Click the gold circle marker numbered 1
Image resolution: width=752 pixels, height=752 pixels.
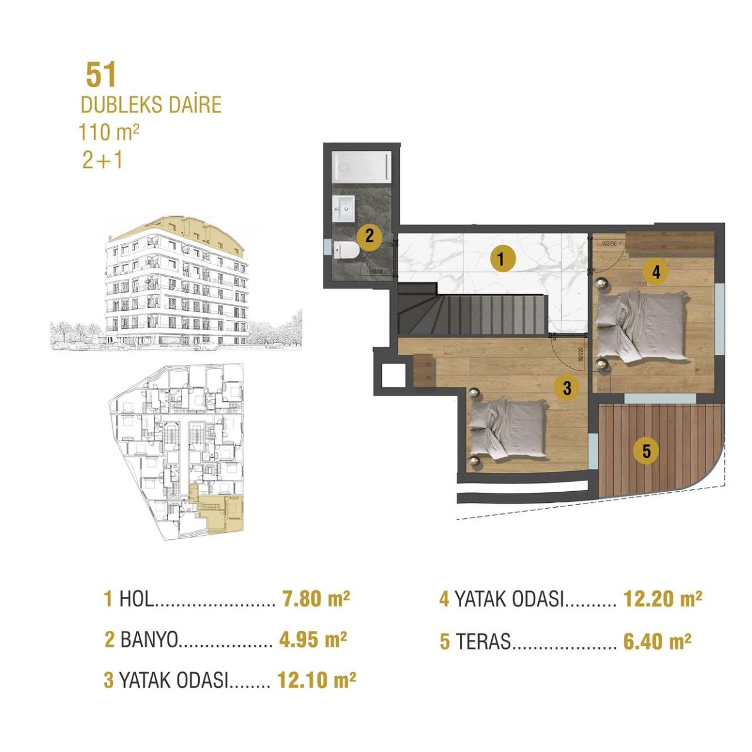tap(500, 258)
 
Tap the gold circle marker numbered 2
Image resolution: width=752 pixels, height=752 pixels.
tap(370, 236)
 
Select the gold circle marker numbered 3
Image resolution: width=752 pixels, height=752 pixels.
tap(567, 388)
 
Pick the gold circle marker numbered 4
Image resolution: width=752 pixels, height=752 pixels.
tap(656, 272)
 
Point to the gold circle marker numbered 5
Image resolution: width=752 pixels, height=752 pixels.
tap(646, 451)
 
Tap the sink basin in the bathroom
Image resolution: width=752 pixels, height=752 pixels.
tap(344, 208)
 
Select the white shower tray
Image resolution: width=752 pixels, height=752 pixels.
tap(361, 166)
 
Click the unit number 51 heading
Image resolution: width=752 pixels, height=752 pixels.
tap(101, 75)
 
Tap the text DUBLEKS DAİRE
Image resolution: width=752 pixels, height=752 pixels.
tap(151, 105)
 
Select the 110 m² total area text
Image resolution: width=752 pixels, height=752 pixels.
tap(109, 132)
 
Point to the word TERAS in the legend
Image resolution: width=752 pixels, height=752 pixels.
tap(484, 642)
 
